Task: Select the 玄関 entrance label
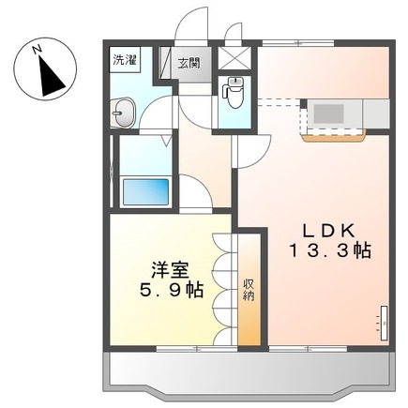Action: [x=189, y=64]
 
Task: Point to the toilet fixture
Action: [x=234, y=91]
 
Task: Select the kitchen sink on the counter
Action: [x=329, y=113]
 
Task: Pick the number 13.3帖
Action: [x=327, y=251]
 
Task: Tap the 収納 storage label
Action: [x=249, y=290]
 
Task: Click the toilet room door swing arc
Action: [x=249, y=150]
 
